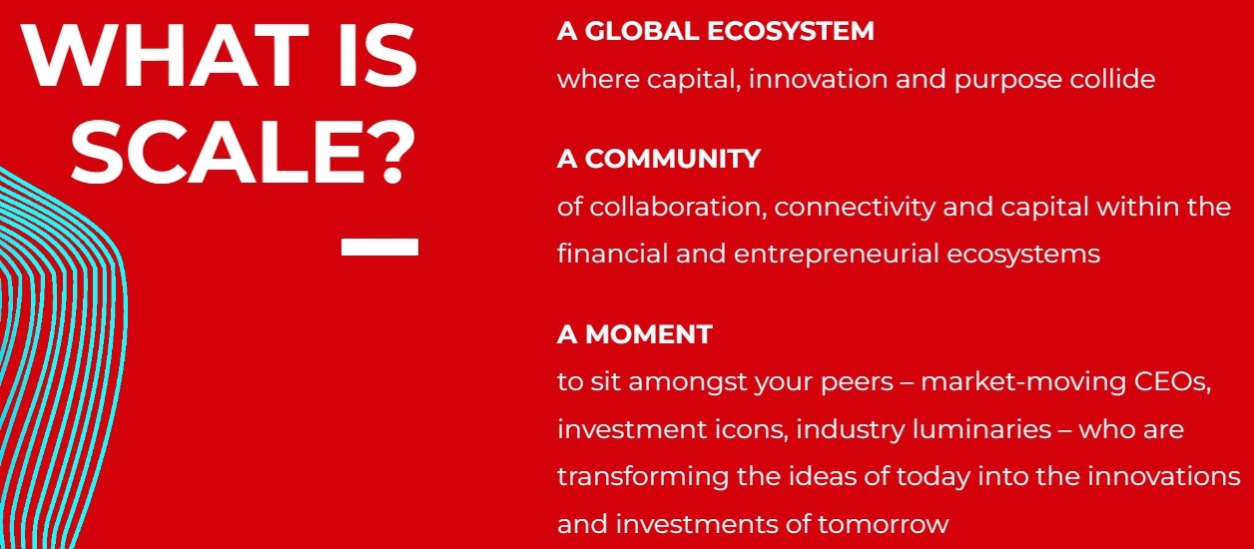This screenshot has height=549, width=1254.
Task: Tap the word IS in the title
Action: click(377, 55)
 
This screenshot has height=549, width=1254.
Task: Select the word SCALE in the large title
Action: click(218, 152)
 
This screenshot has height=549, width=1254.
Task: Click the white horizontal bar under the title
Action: click(379, 247)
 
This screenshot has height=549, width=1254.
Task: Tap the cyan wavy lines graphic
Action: click(62, 358)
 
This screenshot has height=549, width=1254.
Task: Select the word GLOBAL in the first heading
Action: click(642, 31)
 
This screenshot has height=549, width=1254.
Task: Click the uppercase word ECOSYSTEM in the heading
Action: click(791, 31)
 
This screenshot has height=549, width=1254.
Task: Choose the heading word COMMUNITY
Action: click(673, 159)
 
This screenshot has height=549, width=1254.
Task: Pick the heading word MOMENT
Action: click(649, 334)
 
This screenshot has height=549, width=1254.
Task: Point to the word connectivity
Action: click(855, 209)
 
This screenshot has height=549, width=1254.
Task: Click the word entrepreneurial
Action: click(836, 256)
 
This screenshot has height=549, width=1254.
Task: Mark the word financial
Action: click(612, 254)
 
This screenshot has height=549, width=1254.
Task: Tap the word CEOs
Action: click(1173, 382)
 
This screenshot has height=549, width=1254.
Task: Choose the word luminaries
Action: click(981, 430)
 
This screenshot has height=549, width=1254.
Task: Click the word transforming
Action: click(643, 477)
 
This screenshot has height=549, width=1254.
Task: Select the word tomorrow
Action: click(883, 525)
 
